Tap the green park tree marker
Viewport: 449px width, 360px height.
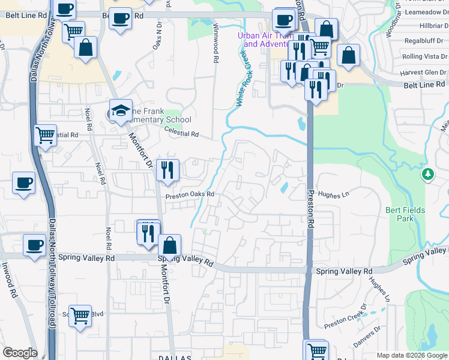coord(427,175)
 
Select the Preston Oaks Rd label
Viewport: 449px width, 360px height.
coord(190,194)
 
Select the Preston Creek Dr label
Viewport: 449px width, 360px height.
coord(345,320)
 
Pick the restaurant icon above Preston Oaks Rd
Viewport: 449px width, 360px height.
coord(167,170)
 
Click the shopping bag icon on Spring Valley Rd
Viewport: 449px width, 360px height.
coord(170,245)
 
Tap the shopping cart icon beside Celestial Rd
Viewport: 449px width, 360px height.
coord(45,135)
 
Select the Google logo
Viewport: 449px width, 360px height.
coord(20,353)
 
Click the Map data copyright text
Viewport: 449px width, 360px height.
coord(411,355)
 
